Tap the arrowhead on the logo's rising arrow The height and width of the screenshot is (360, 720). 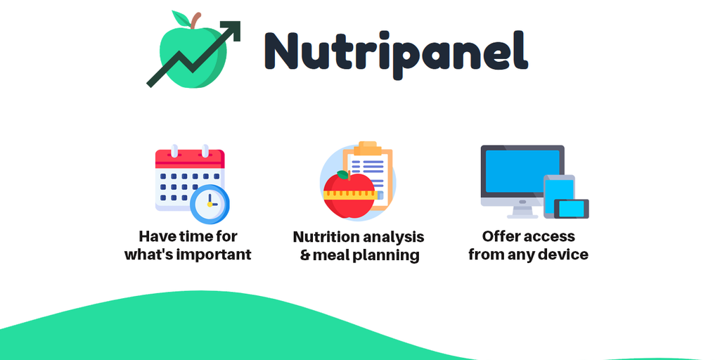pyautogui.click(x=232, y=30)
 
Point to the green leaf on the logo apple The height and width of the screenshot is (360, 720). pyautogui.click(x=181, y=18)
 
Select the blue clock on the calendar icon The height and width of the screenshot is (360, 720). pyautogui.click(x=210, y=204)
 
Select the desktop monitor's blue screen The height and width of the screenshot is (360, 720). pyautogui.click(x=522, y=170)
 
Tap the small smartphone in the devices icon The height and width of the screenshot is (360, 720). pyautogui.click(x=571, y=209)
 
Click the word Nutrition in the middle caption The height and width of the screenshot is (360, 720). pyautogui.click(x=326, y=237)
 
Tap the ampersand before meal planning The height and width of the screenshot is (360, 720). pyautogui.click(x=305, y=255)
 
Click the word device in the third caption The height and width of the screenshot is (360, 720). pyautogui.click(x=567, y=254)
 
